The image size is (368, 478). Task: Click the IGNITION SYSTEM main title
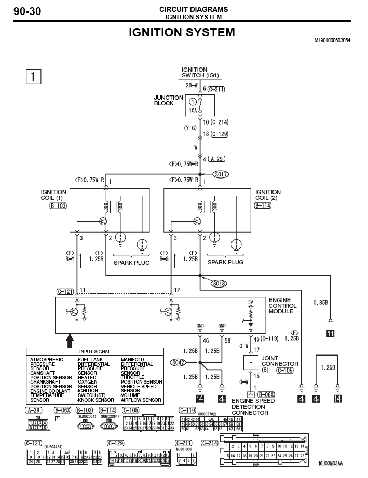coord(182,33)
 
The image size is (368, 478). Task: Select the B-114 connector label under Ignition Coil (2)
coord(264,206)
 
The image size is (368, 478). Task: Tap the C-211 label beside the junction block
coord(217,89)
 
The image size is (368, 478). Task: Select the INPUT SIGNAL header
coord(95,351)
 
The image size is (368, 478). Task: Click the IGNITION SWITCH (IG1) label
coord(200,72)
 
